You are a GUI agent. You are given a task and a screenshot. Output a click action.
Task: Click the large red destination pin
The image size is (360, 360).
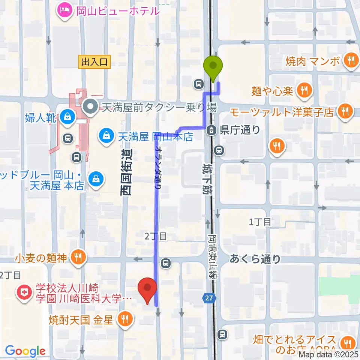point(148,289)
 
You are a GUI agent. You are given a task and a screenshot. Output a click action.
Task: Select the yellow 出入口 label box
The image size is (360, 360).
point(94,62)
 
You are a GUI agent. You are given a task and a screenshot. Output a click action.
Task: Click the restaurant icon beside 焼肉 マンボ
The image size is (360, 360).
point(351,60)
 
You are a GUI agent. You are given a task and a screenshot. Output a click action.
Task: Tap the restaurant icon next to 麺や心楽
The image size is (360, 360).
point(303,90)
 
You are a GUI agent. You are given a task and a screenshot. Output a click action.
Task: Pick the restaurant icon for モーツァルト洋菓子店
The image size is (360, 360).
point(343,111)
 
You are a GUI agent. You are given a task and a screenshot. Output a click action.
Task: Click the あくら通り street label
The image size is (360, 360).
point(255,259)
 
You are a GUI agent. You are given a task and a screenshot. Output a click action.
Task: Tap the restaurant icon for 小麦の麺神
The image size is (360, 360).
point(78,258)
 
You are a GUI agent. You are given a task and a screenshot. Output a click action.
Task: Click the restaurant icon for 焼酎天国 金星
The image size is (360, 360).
point(124,319)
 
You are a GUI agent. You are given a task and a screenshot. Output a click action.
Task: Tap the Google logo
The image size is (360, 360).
point(25,351)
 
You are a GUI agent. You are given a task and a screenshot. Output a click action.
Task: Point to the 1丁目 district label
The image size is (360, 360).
point(260,222)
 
